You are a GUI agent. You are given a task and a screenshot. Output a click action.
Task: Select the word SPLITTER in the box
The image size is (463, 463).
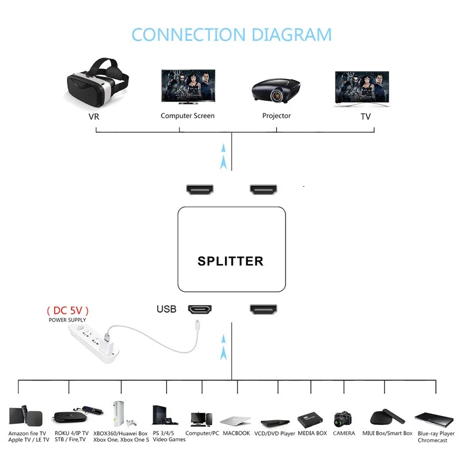(231, 261)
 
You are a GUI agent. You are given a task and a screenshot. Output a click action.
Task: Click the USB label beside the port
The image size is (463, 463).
(166, 309)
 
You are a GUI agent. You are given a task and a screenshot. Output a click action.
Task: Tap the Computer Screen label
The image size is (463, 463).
(187, 116)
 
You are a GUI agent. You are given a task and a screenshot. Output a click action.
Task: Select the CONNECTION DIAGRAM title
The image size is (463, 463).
(231, 34)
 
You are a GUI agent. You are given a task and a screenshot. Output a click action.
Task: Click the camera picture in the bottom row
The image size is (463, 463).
(343, 419)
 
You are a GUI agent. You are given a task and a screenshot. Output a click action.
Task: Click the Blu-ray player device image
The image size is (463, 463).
(433, 418)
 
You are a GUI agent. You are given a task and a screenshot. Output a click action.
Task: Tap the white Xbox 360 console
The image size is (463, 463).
(119, 413)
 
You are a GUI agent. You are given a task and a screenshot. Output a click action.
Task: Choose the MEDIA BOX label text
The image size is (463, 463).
(312, 433)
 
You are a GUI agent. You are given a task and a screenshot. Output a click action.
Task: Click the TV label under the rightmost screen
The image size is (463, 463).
(366, 116)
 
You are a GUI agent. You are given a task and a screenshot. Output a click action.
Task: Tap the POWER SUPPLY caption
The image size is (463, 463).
(67, 320)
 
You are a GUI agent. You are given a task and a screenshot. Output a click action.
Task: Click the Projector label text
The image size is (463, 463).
(277, 116)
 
